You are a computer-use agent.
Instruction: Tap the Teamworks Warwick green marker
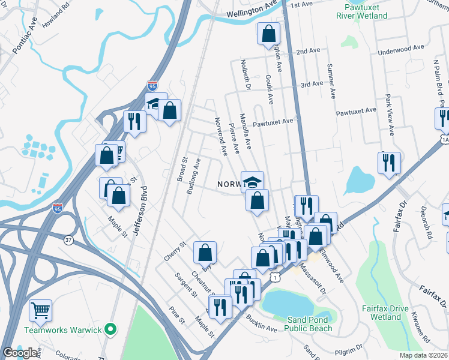click(x=109, y=329)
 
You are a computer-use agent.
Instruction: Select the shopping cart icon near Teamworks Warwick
click(x=41, y=311)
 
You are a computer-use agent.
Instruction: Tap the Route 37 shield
click(x=69, y=239)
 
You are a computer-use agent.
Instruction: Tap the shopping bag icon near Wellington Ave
click(x=268, y=34)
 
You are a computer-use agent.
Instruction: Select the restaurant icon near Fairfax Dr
click(x=389, y=163)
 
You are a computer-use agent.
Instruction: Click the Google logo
click(x=20, y=353)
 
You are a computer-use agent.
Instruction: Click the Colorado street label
click(x=71, y=357)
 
